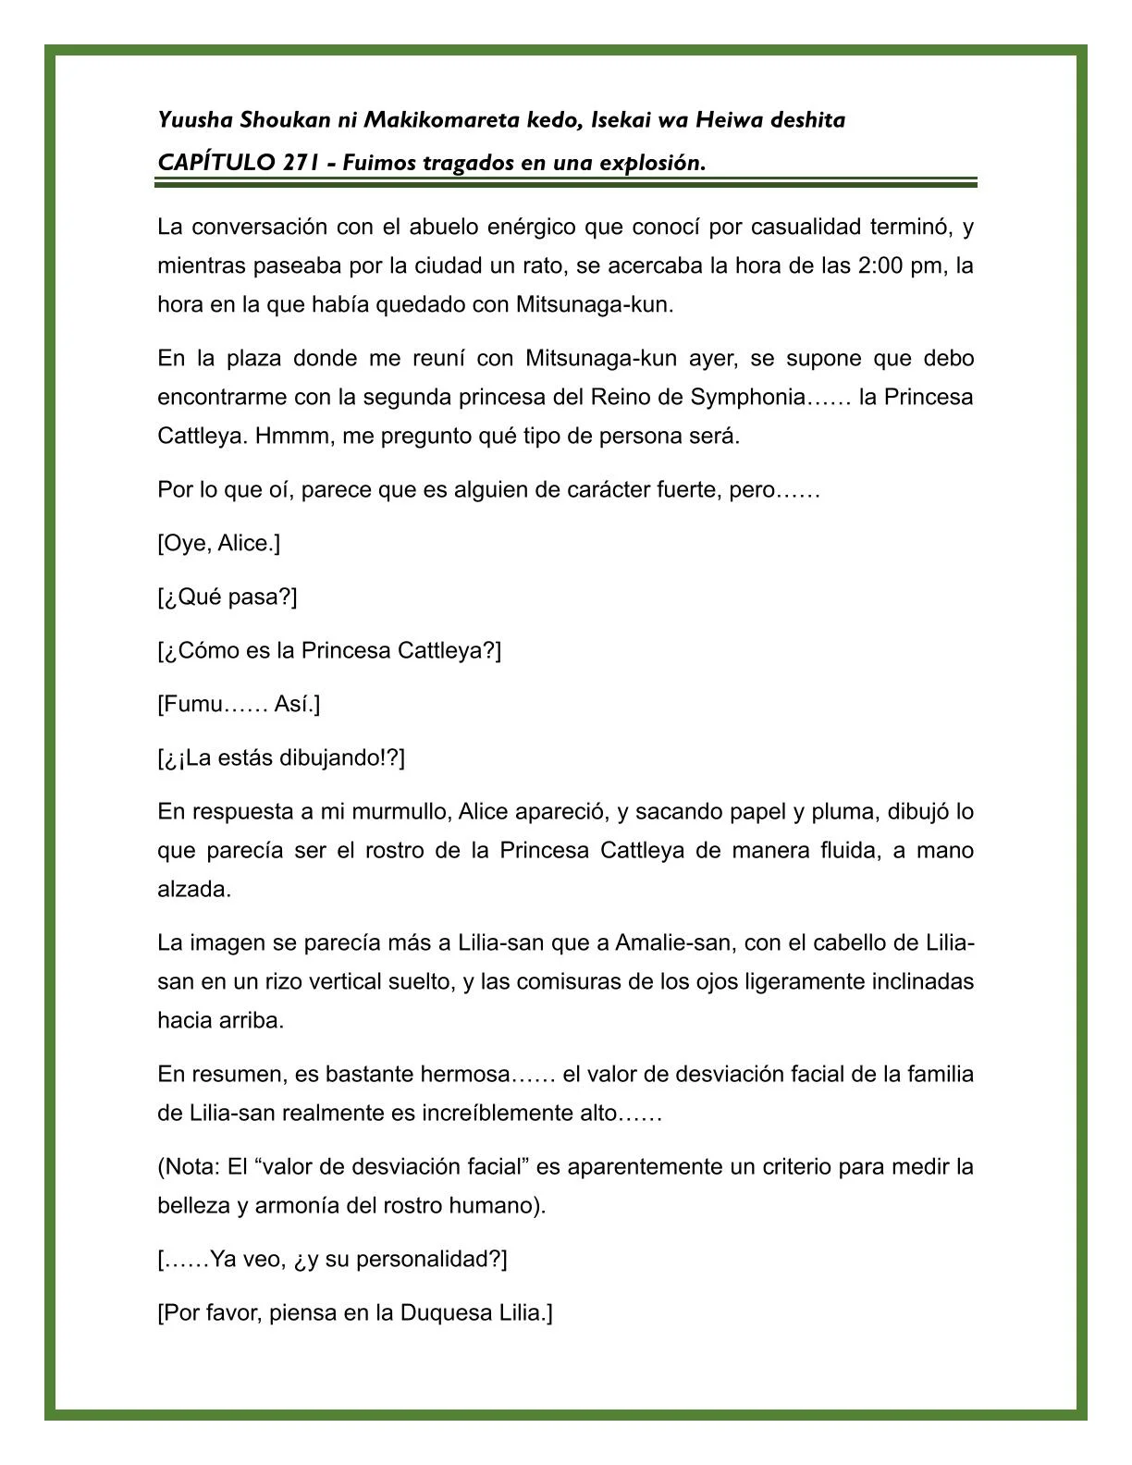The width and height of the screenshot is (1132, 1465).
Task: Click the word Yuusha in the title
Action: pyautogui.click(x=195, y=120)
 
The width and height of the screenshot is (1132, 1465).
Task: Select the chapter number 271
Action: pyautogui.click(x=303, y=163)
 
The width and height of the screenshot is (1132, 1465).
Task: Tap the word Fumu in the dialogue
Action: pyautogui.click(x=193, y=705)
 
